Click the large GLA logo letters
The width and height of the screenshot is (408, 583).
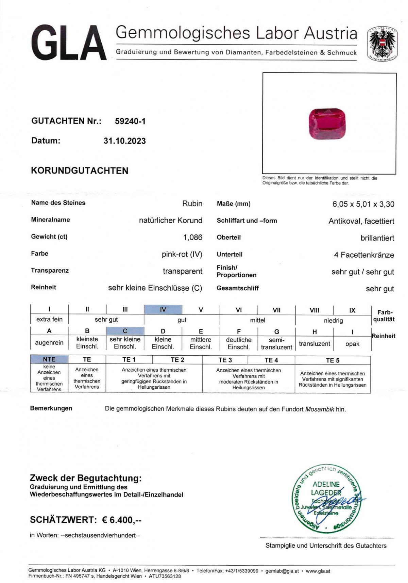coord(68,44)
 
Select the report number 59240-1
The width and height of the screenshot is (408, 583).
coord(130,121)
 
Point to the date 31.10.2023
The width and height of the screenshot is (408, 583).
coord(124,141)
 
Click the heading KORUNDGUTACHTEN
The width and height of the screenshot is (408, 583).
coord(80,171)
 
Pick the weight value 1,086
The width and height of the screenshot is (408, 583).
coord(192,237)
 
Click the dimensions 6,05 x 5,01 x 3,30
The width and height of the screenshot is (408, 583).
coord(363,204)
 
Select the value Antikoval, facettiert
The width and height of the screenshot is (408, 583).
coord(361,221)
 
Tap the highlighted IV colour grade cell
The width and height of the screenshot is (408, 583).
coord(163,310)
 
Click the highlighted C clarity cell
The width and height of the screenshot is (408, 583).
coord(125,331)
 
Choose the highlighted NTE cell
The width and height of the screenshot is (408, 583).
coord(49,359)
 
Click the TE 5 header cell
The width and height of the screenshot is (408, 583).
coord(332,360)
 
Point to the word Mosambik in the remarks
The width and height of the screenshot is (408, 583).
coord(320,409)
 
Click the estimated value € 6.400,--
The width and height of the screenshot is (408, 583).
coord(122,520)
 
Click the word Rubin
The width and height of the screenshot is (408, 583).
coord(192,204)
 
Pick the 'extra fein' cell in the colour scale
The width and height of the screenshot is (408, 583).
coord(49,319)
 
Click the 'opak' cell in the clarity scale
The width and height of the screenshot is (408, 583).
coord(352,344)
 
